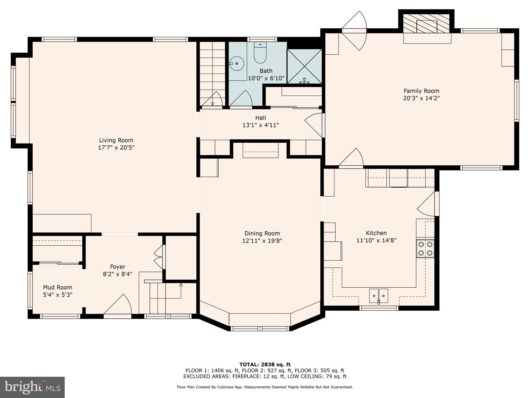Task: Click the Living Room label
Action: pos(116,140)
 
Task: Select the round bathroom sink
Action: pos(237,63)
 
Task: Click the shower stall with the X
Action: pos(305,66)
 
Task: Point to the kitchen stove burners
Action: pos(425,248)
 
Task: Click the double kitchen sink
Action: pos(379,296)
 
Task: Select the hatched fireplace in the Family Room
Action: pos(426,24)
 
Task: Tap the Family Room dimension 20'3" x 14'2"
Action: pos(421,98)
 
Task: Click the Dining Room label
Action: pos(262,233)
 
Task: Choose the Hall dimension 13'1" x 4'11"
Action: pos(261,125)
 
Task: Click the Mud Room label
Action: pos(57,287)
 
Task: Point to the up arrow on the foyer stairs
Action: pos(181,285)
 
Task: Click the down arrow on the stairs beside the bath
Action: pos(212,104)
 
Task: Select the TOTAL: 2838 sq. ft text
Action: pos(265,365)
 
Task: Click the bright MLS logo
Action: pos(32,387)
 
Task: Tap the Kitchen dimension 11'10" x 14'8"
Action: pos(376,240)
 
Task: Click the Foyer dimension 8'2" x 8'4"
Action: pos(117,274)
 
